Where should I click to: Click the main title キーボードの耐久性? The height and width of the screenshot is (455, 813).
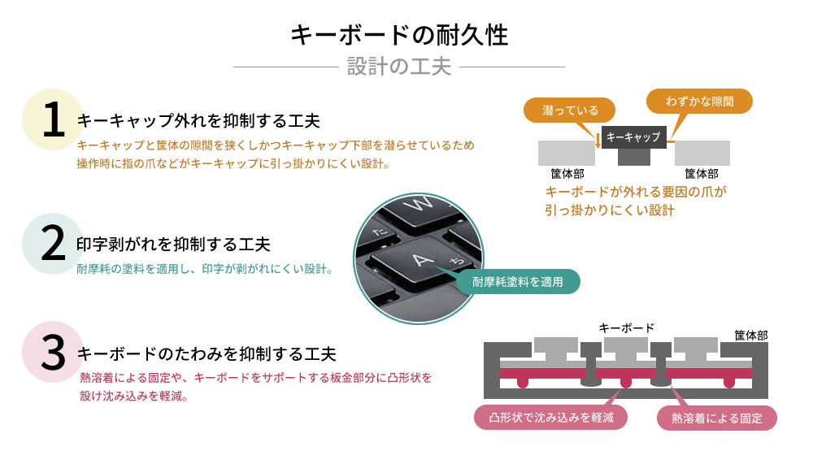[399, 35]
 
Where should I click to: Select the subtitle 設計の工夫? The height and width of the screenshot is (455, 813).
[398, 66]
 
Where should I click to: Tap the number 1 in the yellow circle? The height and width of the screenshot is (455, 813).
[53, 120]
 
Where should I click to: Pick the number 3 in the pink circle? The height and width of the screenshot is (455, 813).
[53, 352]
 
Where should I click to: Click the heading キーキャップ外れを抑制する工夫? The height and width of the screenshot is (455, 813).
[198, 121]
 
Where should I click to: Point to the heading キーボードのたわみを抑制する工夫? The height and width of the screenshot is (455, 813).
[207, 354]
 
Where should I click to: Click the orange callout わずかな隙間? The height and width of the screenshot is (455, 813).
[699, 102]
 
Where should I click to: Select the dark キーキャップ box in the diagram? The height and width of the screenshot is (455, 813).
[634, 136]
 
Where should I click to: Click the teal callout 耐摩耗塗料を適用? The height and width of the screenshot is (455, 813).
[518, 281]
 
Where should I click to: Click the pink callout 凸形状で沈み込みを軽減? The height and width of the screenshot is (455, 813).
[550, 418]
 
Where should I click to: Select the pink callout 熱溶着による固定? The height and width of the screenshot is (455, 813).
[716, 418]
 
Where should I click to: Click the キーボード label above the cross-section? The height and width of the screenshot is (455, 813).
[626, 327]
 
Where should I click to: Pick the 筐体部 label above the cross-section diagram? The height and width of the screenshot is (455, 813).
[750, 335]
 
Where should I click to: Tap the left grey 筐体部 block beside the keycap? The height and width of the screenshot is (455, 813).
[566, 152]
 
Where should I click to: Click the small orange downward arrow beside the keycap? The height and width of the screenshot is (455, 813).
[598, 140]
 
